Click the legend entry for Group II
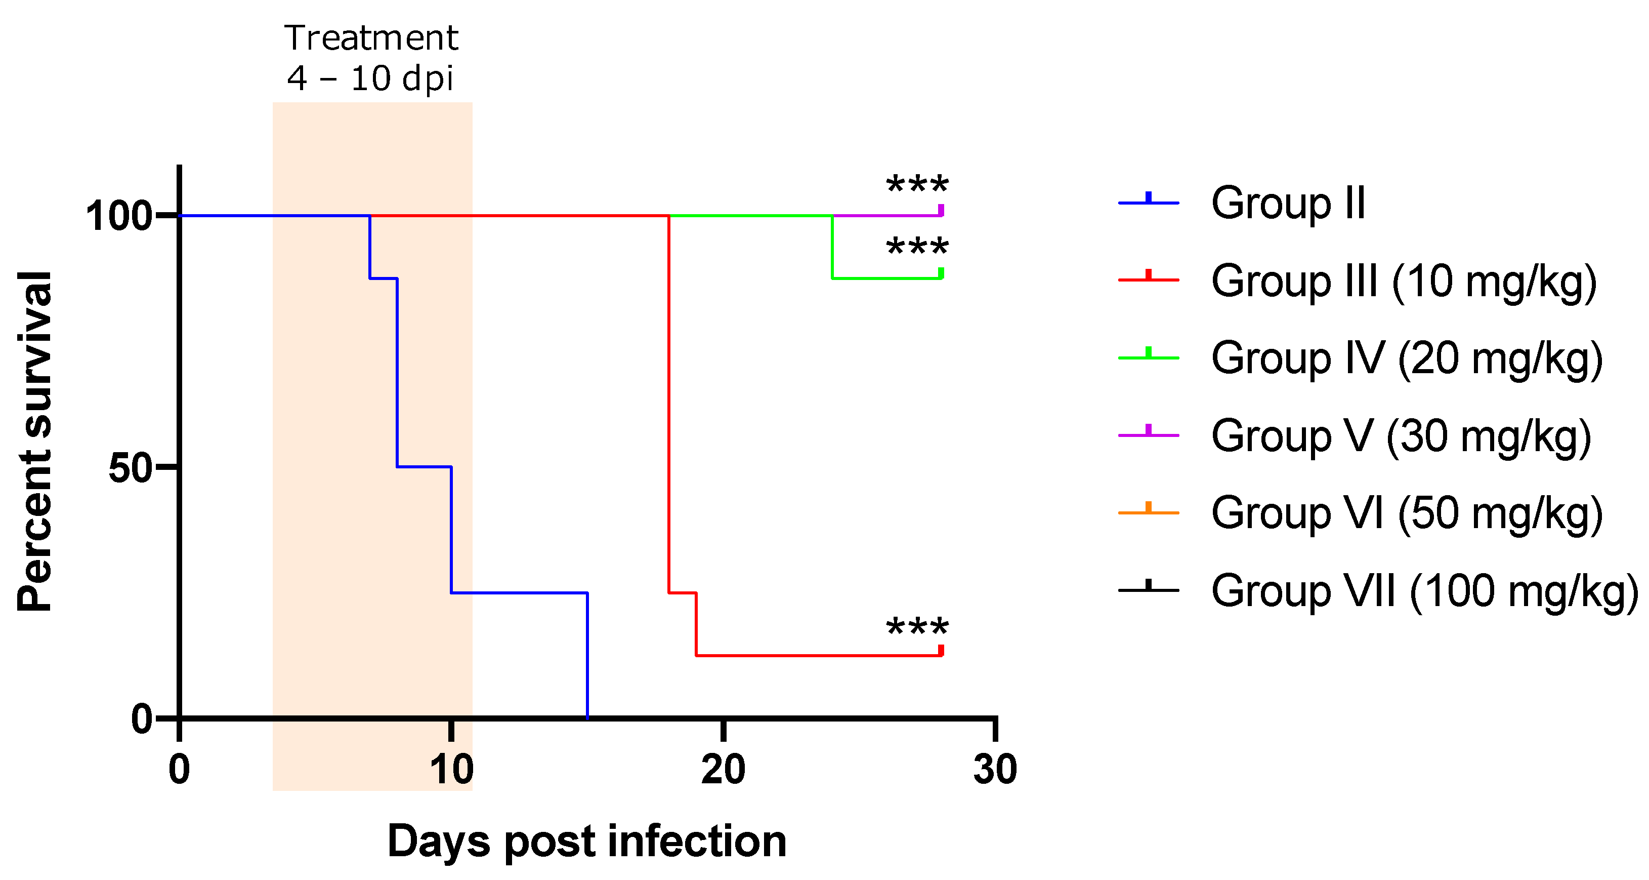(1288, 203)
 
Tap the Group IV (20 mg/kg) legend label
(1407, 358)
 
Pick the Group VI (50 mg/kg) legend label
(1407, 513)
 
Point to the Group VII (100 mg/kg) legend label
(1424, 590)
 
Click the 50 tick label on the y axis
(131, 468)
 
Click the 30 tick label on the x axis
(995, 769)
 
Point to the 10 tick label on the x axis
(451, 769)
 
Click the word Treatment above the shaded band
(371, 38)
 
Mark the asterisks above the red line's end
(917, 626)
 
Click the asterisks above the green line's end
(917, 246)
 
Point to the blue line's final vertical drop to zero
(587, 653)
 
